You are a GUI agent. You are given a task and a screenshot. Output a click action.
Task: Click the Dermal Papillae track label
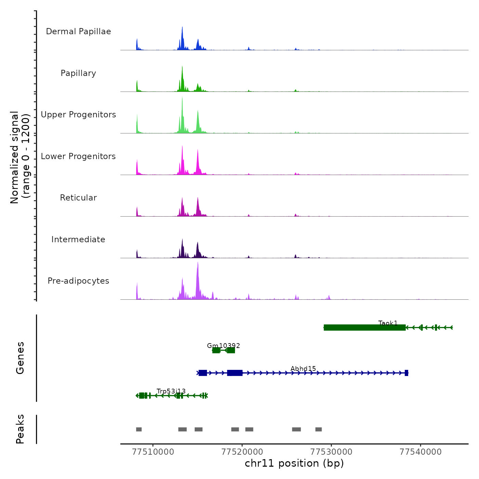(78, 31)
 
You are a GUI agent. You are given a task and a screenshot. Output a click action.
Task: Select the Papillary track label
(78, 73)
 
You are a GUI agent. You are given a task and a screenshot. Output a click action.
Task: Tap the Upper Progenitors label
(78, 115)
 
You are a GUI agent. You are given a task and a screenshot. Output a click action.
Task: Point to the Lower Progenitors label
(78, 156)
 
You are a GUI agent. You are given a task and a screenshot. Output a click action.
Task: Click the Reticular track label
(78, 198)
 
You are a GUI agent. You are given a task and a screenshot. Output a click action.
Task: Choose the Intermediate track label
(78, 239)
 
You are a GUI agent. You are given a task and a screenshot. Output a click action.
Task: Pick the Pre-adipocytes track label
(78, 281)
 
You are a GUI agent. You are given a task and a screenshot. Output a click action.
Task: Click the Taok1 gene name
(388, 323)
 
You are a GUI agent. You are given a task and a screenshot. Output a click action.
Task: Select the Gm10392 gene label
(223, 346)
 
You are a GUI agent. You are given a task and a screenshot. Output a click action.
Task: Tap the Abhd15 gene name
(303, 368)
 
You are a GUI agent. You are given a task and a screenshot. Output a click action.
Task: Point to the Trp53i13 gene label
(171, 391)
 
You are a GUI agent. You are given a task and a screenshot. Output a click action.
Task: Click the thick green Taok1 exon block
(364, 328)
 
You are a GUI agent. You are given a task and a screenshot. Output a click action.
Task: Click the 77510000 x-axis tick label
(153, 452)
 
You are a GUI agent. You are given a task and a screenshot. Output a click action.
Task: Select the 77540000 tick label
(420, 452)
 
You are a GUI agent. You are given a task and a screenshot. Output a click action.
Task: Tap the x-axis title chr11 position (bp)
(294, 463)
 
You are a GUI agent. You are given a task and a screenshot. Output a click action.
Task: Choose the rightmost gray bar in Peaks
(319, 429)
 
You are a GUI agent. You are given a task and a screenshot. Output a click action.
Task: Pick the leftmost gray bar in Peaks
(139, 429)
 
